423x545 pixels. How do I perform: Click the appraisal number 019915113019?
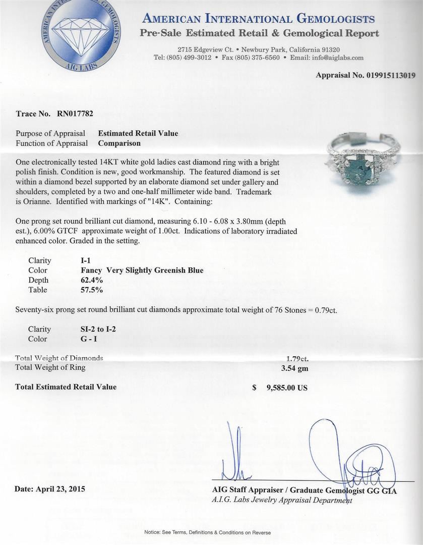(387, 75)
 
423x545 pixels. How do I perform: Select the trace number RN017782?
(76, 114)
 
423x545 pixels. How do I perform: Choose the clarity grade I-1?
(79, 260)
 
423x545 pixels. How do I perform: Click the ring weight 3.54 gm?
(295, 368)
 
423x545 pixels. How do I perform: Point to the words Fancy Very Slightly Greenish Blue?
(138, 270)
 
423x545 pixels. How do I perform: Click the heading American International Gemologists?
(259, 19)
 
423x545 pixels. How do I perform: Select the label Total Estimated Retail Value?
(66, 387)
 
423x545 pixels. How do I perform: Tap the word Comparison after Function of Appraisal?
(119, 143)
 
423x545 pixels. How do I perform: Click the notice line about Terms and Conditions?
(207, 533)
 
